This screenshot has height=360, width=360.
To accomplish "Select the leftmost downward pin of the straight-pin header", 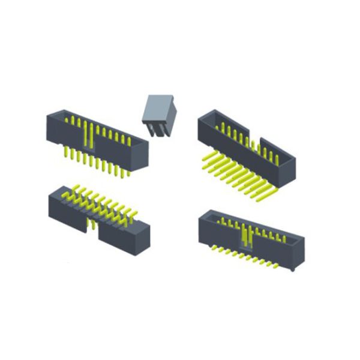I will click(x=64, y=152).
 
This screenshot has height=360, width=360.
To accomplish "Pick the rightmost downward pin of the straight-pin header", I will click(x=128, y=173).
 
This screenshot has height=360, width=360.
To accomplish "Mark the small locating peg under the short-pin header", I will click(x=292, y=270).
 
